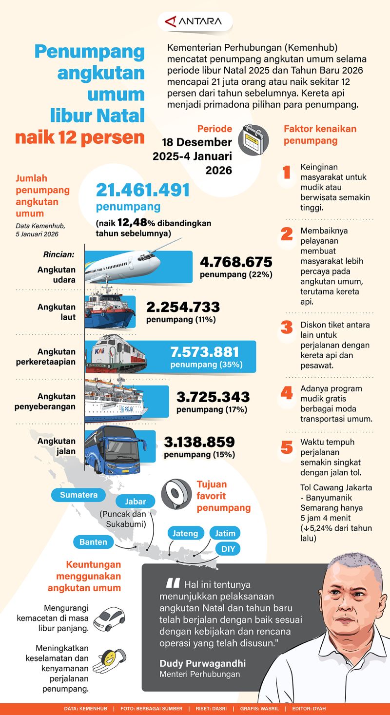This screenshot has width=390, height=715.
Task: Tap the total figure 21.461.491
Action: coord(142,190)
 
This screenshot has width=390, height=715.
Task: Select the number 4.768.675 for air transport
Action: coord(236,262)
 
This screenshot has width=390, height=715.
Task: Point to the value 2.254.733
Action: coord(183,307)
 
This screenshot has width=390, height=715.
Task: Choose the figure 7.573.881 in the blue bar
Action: coord(205,352)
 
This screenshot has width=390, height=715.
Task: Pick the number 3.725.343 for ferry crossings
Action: coord(213,397)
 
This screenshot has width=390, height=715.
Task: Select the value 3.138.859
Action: coord(199,442)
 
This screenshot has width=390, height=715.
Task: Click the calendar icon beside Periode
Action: coord(253,140)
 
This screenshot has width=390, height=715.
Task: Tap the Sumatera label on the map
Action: coord(78,495)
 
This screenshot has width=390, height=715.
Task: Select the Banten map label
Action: coord(94,541)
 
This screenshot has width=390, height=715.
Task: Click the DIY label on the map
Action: coord(228,549)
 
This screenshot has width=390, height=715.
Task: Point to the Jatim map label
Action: coord(225,533)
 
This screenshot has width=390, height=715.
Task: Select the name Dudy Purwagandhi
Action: coord(202,663)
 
